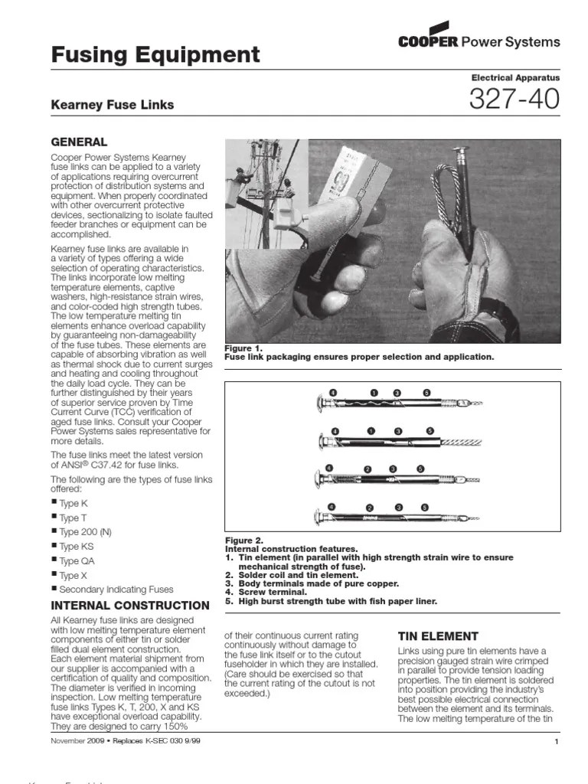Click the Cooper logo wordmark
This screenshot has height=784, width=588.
click(428, 41)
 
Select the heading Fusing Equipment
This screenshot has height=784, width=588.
click(155, 55)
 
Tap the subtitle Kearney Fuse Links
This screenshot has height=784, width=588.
click(112, 104)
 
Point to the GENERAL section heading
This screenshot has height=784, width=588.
click(79, 142)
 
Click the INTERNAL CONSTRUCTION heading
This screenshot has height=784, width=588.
click(129, 606)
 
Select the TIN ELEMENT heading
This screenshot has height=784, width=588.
click(438, 636)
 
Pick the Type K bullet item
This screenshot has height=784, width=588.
click(73, 504)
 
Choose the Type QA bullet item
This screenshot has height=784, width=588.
click(77, 561)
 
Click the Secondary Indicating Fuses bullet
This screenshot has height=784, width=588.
click(116, 590)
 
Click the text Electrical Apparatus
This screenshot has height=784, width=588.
click(515, 77)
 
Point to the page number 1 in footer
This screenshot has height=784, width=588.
click(557, 743)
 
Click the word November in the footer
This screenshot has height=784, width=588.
click(68, 742)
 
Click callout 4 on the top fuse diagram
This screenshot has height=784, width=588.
click(333, 392)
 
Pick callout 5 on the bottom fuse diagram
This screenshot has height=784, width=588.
click(423, 508)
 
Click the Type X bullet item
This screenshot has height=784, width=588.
click(73, 576)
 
